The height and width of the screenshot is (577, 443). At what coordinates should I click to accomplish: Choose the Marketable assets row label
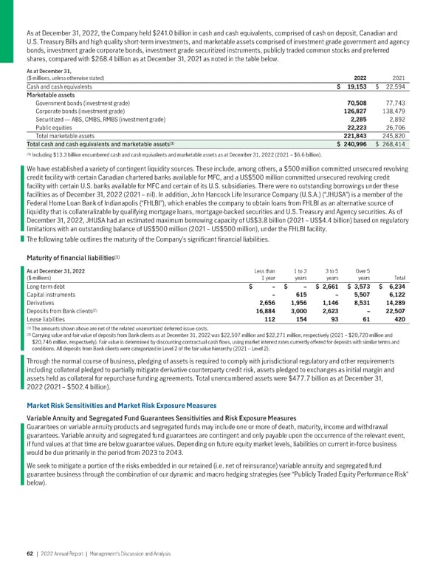pyautogui.click(x=53, y=95)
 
